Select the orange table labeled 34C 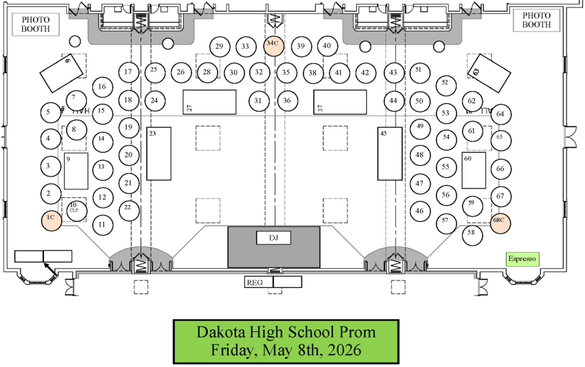pyautogui.click(x=273, y=43)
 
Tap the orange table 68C pyautogui.click(x=500, y=220)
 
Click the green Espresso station pyautogui.click(x=521, y=259)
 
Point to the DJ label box pyautogui.click(x=274, y=238)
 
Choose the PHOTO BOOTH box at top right pyautogui.click(x=537, y=20)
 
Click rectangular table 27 pyautogui.click(x=209, y=102)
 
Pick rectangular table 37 pyautogui.click(x=340, y=102)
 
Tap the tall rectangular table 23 pyautogui.click(x=158, y=154)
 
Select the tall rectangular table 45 pyautogui.click(x=390, y=154)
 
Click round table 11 pyautogui.click(x=103, y=224)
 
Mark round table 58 pyautogui.click(x=471, y=232)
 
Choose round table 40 pyautogui.click(x=327, y=46)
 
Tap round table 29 pyautogui.click(x=219, y=47)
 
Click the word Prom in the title pyautogui.click(x=358, y=332)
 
